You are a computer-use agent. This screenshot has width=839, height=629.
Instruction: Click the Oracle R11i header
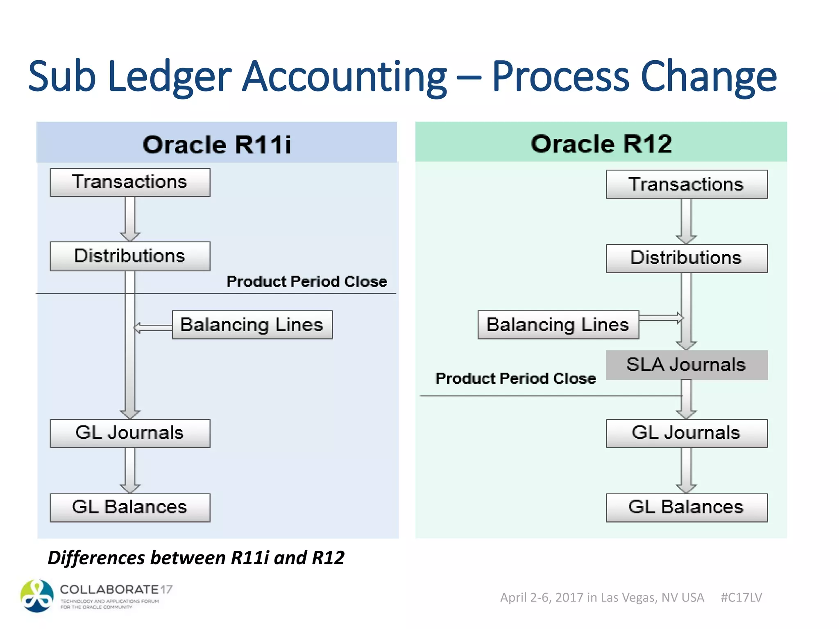(x=217, y=145)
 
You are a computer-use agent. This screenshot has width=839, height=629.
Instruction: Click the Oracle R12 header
(x=601, y=144)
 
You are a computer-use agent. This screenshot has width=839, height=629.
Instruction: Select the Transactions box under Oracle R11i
(x=130, y=182)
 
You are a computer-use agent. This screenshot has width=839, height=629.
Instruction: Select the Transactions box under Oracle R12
(x=686, y=184)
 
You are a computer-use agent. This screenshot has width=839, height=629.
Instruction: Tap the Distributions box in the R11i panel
(x=130, y=256)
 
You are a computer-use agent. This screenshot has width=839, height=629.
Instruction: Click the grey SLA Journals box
(x=686, y=365)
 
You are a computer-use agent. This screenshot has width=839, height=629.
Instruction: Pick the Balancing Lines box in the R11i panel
(x=252, y=325)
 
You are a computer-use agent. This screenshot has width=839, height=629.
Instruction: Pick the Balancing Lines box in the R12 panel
(x=558, y=325)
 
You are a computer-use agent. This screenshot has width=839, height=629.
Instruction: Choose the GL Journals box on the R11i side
(x=130, y=433)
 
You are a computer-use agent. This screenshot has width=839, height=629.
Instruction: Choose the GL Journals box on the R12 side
(x=686, y=433)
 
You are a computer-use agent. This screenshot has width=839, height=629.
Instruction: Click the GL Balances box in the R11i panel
(x=130, y=507)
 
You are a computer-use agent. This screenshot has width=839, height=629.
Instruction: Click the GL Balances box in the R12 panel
(x=686, y=507)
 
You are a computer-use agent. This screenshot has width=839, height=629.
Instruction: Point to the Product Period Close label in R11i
(x=306, y=282)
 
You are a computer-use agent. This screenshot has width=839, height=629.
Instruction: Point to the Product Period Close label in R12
(x=515, y=378)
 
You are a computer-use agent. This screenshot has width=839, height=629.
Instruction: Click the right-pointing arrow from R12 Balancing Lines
(x=661, y=318)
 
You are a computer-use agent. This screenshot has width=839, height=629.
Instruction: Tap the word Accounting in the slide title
(x=344, y=77)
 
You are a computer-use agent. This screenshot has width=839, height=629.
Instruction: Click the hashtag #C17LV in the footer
(x=741, y=597)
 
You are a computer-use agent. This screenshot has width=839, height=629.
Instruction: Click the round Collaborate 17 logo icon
(x=37, y=596)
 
